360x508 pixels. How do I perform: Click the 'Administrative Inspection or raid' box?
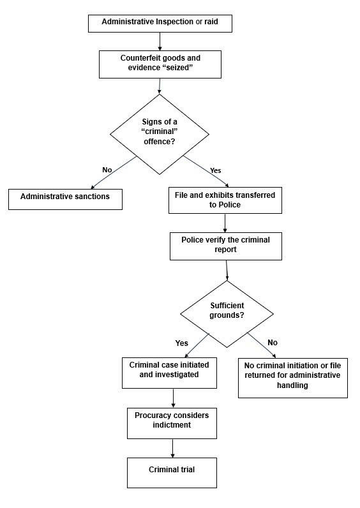pyautogui.click(x=160, y=24)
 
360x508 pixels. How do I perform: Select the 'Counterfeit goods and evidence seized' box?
pyautogui.click(x=160, y=64)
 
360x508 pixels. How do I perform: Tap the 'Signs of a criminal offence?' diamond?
pyautogui.click(x=160, y=134)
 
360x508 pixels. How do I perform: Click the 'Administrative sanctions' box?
pyautogui.click(x=65, y=199)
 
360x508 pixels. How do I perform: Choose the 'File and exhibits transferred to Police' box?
pyautogui.click(x=225, y=200)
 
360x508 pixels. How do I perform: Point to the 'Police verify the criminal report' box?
pyautogui.click(x=226, y=246)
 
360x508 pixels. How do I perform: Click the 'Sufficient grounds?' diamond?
pyautogui.click(x=227, y=313)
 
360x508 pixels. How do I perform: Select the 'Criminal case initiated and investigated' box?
pyautogui.click(x=169, y=373)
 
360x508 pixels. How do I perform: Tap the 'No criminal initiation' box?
pyautogui.click(x=293, y=378)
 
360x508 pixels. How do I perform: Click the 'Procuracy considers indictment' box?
pyautogui.click(x=172, y=424)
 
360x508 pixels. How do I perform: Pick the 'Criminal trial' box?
pyautogui.click(x=172, y=473)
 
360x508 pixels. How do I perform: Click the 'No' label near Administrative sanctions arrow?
pyautogui.click(x=107, y=170)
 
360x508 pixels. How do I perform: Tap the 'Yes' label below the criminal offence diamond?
pyautogui.click(x=216, y=170)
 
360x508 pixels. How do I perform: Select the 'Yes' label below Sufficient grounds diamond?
pyautogui.click(x=181, y=343)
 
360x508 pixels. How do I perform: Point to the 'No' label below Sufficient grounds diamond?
pyautogui.click(x=273, y=343)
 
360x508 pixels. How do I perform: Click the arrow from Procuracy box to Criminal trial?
pyautogui.click(x=172, y=448)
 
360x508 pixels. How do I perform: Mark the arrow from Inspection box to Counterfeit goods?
pyautogui.click(x=160, y=41)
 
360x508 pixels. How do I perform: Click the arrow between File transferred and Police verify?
pyautogui.click(x=225, y=223)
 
